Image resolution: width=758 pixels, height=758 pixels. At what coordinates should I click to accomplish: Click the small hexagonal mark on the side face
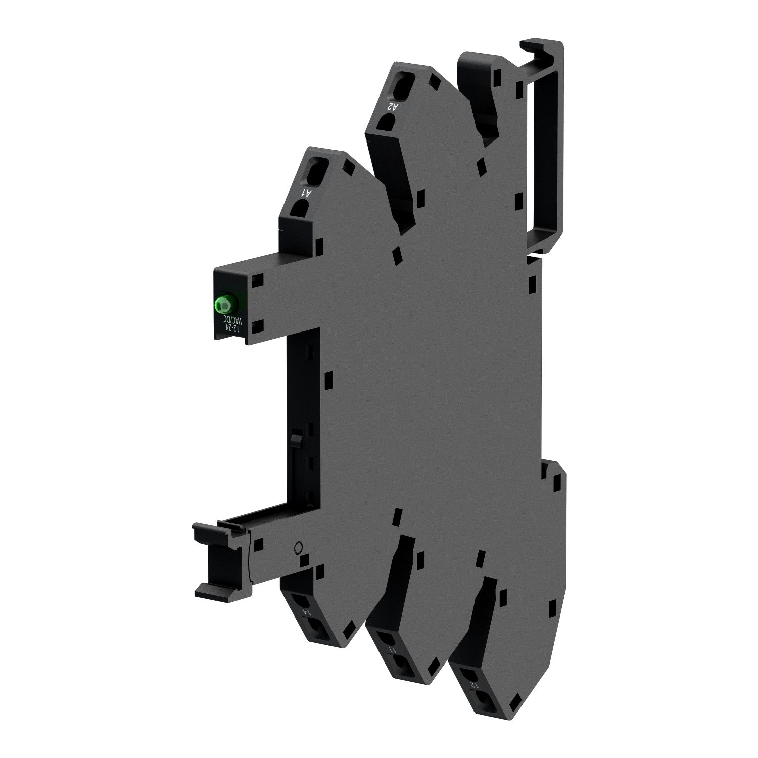(x=298, y=547)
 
